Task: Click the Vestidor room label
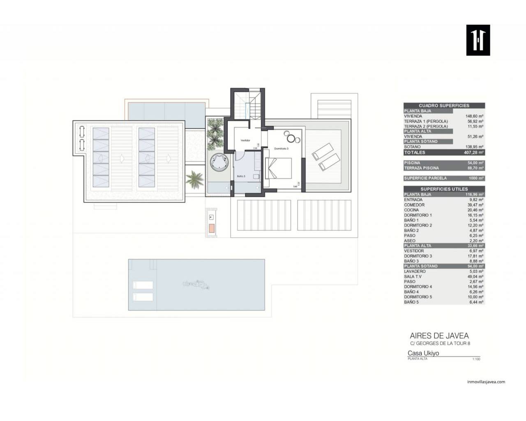(245, 141)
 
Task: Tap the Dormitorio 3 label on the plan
(281, 148)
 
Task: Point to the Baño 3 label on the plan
(241, 176)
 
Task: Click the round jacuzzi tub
(219, 162)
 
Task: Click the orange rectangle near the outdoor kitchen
(211, 229)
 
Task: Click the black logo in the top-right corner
(478, 40)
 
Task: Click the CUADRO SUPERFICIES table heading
(444, 106)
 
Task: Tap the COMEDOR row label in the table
(414, 205)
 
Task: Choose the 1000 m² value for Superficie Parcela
(475, 178)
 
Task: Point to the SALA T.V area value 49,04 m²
(475, 277)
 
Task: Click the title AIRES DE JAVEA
(439, 336)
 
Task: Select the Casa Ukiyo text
(423, 353)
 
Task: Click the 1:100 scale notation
(476, 359)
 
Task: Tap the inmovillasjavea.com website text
(486, 382)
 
